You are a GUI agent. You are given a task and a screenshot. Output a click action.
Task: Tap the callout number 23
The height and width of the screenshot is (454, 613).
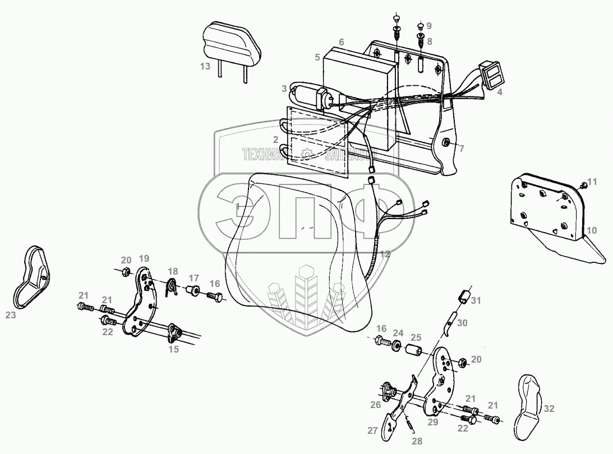pyautogui.click(x=11, y=316)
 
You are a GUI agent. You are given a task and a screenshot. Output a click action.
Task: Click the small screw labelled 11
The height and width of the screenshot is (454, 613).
pyautogui.click(x=583, y=186)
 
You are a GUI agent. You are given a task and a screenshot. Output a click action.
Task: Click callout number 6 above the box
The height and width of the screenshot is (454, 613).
pyautogui.click(x=341, y=41)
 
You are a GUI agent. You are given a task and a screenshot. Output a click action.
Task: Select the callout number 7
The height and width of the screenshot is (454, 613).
pyautogui.click(x=462, y=149)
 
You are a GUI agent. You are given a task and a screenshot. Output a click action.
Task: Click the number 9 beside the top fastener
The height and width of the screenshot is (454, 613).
pyautogui.click(x=429, y=26)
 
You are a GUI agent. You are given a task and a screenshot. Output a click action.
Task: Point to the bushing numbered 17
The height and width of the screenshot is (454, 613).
pyautogui.click(x=192, y=290)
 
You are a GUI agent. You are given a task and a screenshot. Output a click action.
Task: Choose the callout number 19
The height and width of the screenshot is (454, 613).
pyautogui.click(x=144, y=258)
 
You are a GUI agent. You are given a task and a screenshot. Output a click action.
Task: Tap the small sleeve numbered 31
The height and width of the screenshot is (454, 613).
pyautogui.click(x=462, y=296)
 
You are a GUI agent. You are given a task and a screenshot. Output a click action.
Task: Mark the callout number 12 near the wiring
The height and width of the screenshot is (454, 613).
pyautogui.click(x=384, y=254)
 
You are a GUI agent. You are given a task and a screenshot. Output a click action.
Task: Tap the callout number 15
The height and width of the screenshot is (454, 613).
pyautogui.click(x=174, y=349)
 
